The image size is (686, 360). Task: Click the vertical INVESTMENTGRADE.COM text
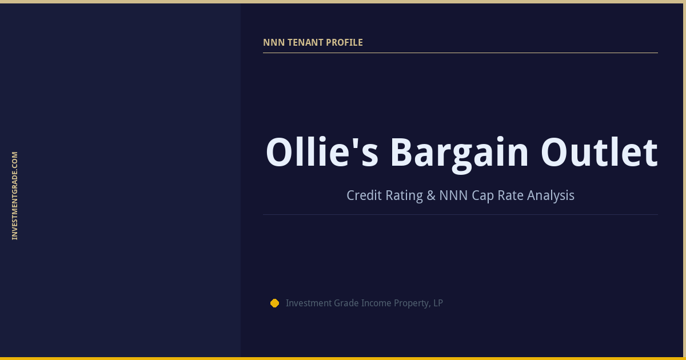[x=15, y=195]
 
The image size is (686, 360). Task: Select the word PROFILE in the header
[x=344, y=43]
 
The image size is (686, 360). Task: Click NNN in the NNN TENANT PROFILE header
[x=272, y=43]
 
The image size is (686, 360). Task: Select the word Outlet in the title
[x=599, y=153]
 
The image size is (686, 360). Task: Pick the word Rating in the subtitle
[x=404, y=195]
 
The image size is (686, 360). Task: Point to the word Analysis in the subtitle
[x=551, y=195]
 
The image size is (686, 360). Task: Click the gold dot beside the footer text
[x=274, y=303]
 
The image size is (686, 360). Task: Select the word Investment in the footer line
[x=309, y=303]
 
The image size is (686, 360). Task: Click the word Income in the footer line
[x=376, y=303]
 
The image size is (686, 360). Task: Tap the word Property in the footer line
[x=412, y=303]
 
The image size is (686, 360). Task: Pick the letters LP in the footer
[x=438, y=303]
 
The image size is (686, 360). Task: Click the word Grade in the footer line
[x=346, y=303]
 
